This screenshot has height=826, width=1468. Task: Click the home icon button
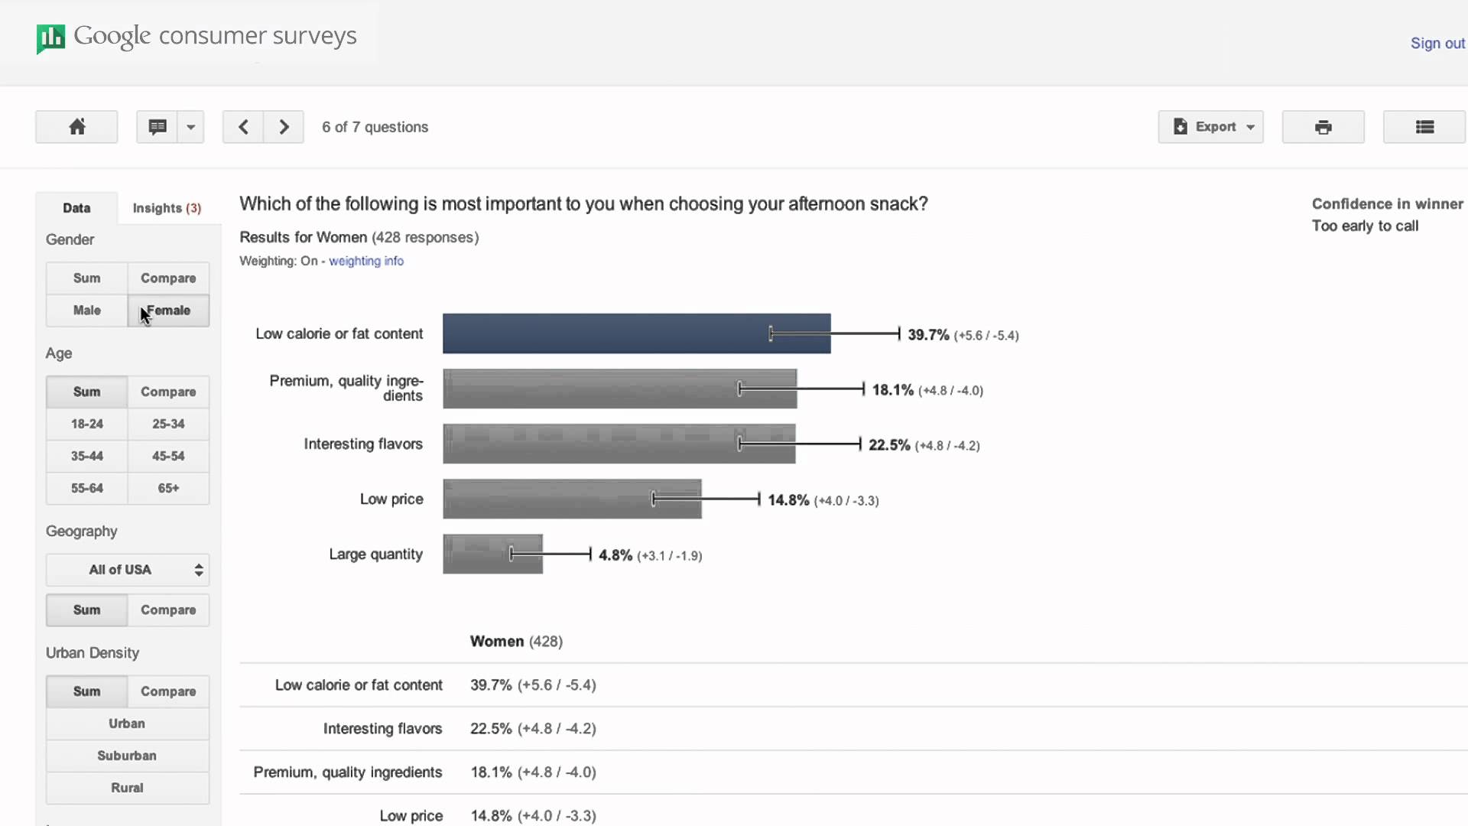click(76, 127)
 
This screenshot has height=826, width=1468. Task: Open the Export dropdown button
click(1210, 127)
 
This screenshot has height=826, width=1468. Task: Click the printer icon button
click(1323, 127)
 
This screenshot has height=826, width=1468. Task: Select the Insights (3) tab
click(167, 208)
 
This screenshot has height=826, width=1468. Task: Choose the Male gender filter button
click(86, 311)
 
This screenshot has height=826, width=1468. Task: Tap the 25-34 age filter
click(168, 424)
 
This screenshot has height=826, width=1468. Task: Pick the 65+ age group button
click(168, 488)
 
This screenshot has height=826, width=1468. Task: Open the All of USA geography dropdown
click(128, 570)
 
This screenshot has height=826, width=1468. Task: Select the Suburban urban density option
click(127, 756)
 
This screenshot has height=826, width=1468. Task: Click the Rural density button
click(127, 788)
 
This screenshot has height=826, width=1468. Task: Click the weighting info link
click(365, 261)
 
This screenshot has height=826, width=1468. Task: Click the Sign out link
click(1437, 44)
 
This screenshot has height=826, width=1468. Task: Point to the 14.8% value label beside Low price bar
click(788, 500)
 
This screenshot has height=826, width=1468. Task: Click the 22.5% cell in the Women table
click(491, 729)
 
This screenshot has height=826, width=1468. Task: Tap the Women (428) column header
click(516, 642)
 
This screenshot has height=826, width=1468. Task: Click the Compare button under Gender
click(168, 278)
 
